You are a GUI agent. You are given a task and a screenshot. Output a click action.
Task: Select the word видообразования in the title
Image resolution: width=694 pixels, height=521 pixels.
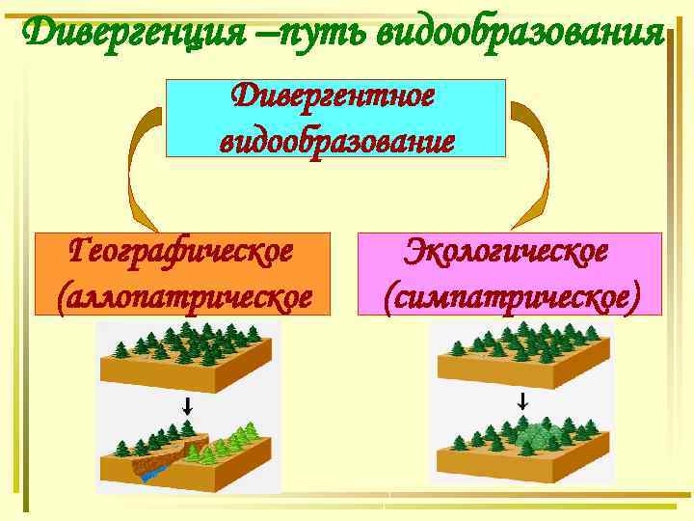[x=520, y=36]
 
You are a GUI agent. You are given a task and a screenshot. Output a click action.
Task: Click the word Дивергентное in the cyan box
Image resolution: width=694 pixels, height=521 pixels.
[x=334, y=96]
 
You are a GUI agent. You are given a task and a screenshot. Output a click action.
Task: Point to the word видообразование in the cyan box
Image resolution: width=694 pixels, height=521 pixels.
[x=336, y=141]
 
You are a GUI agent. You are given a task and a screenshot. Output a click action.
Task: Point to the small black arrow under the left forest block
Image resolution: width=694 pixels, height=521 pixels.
[x=188, y=406]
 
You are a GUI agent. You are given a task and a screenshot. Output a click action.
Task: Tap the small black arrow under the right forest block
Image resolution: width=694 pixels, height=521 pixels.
[x=522, y=401]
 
